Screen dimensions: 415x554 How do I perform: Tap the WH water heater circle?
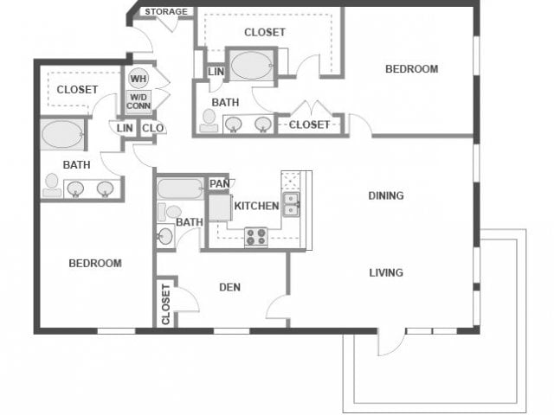[x=138, y=79]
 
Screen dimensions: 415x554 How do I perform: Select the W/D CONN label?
[x=138, y=101]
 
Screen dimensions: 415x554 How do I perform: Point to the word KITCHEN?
[x=256, y=206]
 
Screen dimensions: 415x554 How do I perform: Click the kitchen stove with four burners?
[x=255, y=236]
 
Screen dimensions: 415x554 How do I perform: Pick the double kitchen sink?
[x=291, y=203]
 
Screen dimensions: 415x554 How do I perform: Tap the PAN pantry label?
[x=219, y=183]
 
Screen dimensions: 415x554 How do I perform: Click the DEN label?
[x=229, y=287]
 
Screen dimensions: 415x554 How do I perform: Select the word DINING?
[x=386, y=195]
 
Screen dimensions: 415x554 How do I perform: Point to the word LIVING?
[x=386, y=272]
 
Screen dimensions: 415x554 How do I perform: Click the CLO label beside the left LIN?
[x=152, y=128]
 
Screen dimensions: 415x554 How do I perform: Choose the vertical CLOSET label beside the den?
[x=166, y=304]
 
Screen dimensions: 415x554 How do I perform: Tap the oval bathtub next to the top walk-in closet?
[x=251, y=66]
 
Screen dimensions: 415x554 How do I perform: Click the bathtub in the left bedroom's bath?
[x=62, y=136]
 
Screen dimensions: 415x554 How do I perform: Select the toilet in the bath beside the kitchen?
[x=165, y=235]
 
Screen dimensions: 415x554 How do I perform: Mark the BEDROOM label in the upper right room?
[x=411, y=69]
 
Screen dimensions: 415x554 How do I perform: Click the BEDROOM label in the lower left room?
[x=95, y=263]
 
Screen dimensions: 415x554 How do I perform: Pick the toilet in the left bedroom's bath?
[x=52, y=184]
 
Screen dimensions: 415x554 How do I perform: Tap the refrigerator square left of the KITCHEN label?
[x=219, y=209]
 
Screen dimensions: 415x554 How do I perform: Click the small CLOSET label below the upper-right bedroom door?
[x=309, y=124]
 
